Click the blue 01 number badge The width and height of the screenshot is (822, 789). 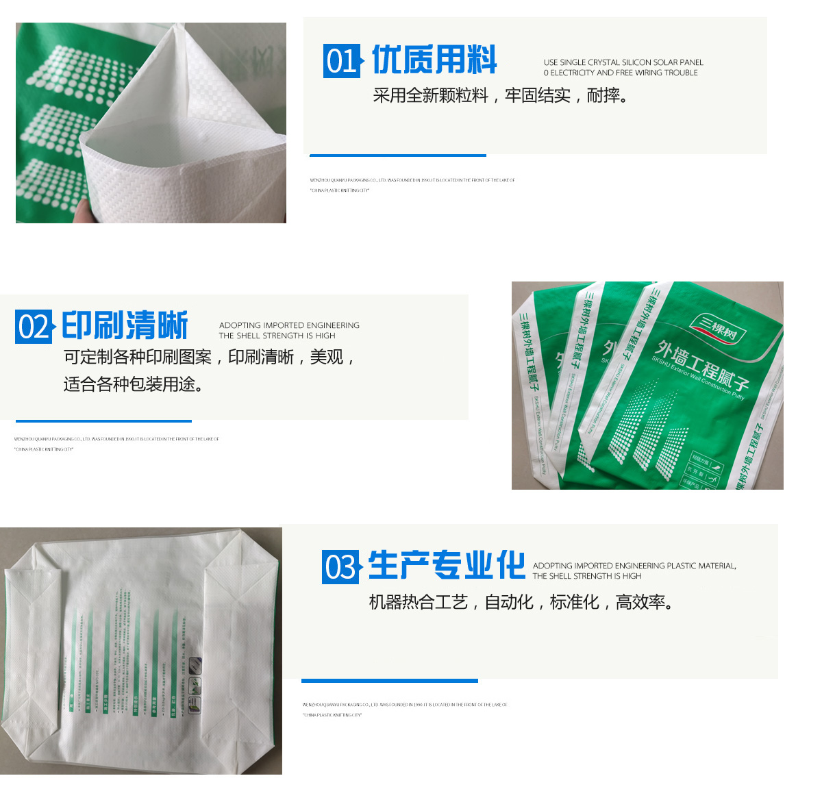coord(341,61)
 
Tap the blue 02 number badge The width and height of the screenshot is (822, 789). coord(33,327)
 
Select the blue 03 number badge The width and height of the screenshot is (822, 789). coord(340,567)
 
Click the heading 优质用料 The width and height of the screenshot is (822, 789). coord(434,60)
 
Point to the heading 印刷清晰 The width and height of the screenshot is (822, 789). coord(125,325)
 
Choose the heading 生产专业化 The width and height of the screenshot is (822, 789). coord(447,566)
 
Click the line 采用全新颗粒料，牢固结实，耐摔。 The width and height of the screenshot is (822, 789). coord(500,96)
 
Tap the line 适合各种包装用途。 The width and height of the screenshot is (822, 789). coord(134,385)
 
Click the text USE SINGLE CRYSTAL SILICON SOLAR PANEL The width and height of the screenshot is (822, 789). coord(623,62)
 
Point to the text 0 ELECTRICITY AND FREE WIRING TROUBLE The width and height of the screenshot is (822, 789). coord(621,73)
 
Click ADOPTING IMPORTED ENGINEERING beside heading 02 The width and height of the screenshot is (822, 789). coord(289,325)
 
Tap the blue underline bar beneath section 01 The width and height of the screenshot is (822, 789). coord(398,155)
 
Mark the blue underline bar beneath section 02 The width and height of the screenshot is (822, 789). coord(103,421)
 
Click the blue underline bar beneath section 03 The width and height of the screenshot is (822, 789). coord(390,681)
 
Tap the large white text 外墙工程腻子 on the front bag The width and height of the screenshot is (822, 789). coord(702,363)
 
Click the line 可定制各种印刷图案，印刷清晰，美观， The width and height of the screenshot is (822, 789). coord(210,358)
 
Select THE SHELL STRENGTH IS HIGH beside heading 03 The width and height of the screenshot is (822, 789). coord(587,576)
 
